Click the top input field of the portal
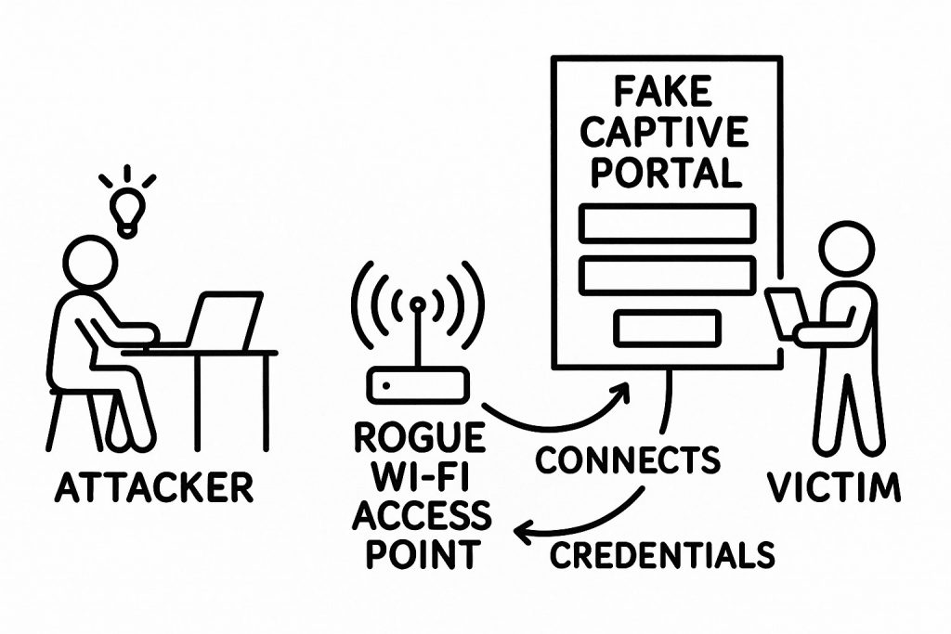pos(666,224)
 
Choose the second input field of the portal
pos(666,274)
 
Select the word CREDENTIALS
pos(661,553)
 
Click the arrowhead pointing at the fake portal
pos(619,392)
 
